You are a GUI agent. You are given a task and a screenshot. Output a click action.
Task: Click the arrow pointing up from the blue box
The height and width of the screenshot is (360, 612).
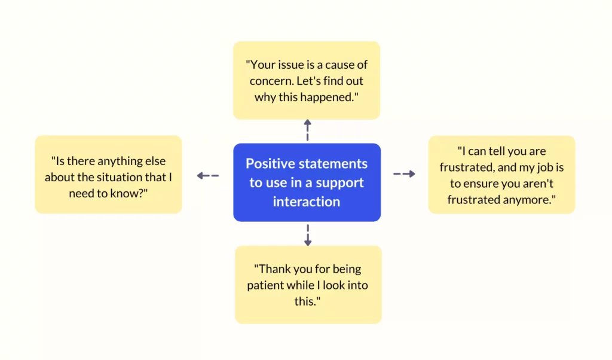tap(308, 130)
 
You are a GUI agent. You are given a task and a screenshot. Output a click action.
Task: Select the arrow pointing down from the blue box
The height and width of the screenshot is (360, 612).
tap(308, 235)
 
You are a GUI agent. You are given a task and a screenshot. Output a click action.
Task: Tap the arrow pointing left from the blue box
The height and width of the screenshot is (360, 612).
tap(207, 176)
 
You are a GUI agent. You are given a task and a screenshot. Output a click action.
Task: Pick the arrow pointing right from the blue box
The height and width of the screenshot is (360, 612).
tap(404, 174)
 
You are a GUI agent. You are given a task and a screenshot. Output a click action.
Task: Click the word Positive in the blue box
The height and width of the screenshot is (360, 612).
tap(269, 164)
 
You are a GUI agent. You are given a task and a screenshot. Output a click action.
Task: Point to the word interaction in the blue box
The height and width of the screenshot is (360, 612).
tap(307, 202)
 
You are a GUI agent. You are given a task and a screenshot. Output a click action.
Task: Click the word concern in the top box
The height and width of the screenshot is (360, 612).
tap(271, 81)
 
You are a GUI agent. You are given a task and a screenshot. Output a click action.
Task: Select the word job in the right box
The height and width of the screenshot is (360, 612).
tap(545, 167)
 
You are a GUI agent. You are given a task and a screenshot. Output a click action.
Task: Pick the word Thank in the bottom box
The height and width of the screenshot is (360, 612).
tap(273, 269)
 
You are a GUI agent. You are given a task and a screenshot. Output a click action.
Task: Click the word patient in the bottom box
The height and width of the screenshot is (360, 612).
tap(264, 285)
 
